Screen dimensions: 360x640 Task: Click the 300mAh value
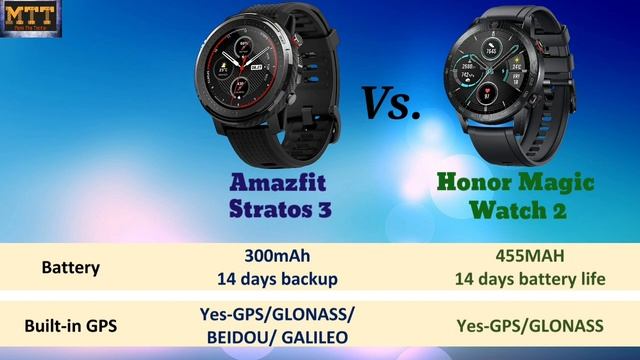tap(277, 256)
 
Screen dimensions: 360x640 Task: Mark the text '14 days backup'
tap(277, 279)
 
